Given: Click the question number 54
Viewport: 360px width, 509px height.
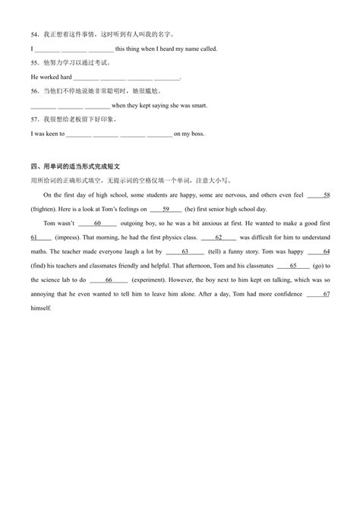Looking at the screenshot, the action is (x=34, y=34).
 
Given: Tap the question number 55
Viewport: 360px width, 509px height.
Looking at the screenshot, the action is (x=34, y=62).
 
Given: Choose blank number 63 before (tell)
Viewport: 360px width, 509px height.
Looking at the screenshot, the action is (x=185, y=251).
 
